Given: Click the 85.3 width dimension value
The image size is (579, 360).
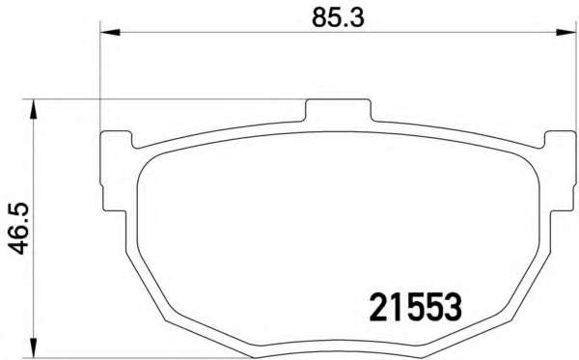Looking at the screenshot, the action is [x=338, y=17].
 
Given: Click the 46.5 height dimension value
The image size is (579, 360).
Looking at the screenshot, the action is [x=18, y=229].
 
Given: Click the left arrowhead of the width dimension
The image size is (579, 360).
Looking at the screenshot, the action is [x=110, y=33].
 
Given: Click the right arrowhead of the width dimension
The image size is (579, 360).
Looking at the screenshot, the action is [x=566, y=33].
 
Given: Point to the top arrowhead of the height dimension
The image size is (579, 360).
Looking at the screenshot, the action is [x=34, y=109].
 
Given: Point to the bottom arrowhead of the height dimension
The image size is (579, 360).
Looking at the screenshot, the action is [x=34, y=347].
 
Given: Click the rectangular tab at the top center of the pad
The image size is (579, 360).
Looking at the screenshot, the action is [x=338, y=110].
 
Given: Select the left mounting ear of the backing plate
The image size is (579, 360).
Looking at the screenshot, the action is [x=115, y=171].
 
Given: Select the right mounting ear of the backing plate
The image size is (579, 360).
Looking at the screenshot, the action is [x=561, y=171].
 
